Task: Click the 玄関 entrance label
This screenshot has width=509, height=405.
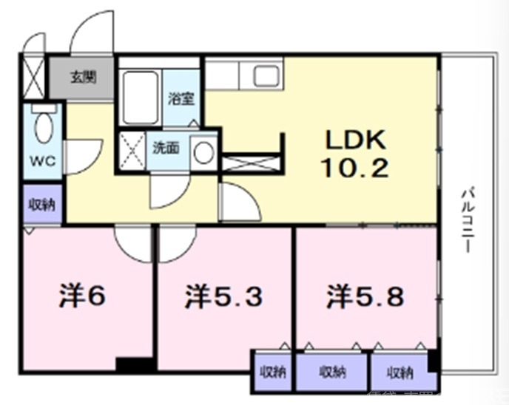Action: (x=81, y=75)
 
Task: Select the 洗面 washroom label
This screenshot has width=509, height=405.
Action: (x=166, y=147)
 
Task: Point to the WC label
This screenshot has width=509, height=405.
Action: (x=41, y=161)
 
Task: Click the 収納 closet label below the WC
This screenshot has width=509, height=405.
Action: (x=41, y=205)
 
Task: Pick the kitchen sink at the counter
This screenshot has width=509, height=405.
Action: (x=264, y=75)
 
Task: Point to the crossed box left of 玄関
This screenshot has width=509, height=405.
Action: (x=33, y=75)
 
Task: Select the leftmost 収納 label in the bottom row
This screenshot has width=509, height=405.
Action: (x=272, y=372)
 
